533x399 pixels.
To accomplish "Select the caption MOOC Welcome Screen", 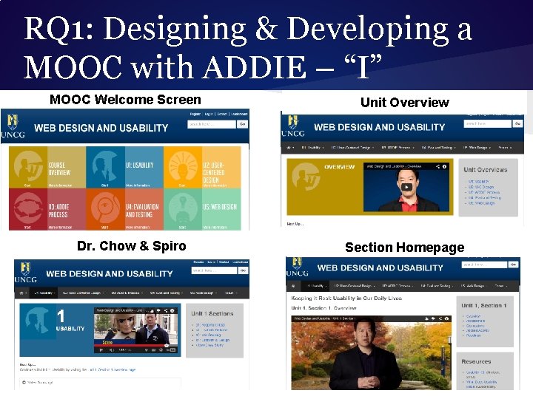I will pyautogui.click(x=125, y=100).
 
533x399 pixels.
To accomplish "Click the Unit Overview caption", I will pyautogui.click(x=404, y=103).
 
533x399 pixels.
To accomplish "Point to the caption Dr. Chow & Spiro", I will pyautogui.click(x=132, y=246).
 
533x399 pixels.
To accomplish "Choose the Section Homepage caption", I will pyautogui.click(x=404, y=248).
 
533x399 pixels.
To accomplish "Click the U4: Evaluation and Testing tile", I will pyautogui.click(x=124, y=209).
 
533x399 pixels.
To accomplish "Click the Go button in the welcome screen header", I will pyautogui.click(x=242, y=125).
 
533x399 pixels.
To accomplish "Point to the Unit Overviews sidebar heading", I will pyautogui.click(x=485, y=170).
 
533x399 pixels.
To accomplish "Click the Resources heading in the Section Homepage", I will pyautogui.click(x=476, y=362).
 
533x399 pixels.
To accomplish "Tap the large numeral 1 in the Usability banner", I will pyautogui.click(x=60, y=316).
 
